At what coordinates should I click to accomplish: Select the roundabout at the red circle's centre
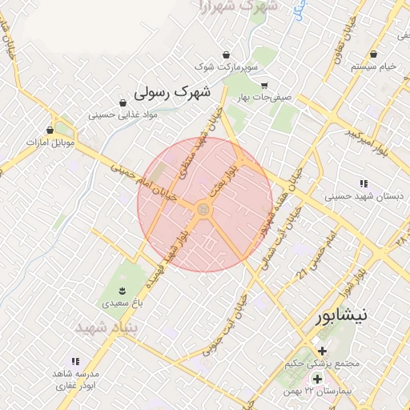[203, 210]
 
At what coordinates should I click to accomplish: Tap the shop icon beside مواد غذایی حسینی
[123, 103]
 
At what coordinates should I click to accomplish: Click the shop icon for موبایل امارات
[50, 130]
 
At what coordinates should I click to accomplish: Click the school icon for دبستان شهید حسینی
[364, 183]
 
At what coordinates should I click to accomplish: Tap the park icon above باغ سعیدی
[122, 290]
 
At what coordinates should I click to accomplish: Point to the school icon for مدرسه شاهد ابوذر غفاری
[76, 362]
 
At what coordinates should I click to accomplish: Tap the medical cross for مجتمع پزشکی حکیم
[322, 351]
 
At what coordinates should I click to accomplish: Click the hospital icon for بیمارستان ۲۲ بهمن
[318, 379]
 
